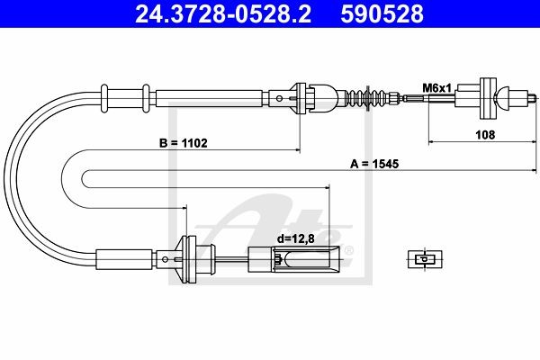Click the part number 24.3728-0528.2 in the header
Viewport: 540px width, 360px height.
coord(223,13)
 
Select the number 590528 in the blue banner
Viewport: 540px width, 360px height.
coord(382,13)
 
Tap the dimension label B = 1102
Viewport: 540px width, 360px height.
coord(184,142)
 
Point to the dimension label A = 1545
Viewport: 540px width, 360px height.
coord(374,164)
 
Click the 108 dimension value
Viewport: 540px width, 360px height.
coord(485,134)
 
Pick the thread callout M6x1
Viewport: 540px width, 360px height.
coord(436,88)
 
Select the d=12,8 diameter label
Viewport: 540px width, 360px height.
coord(296,238)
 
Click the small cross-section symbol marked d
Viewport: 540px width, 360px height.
coord(425,258)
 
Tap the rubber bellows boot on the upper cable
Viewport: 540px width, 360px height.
coord(367,98)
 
